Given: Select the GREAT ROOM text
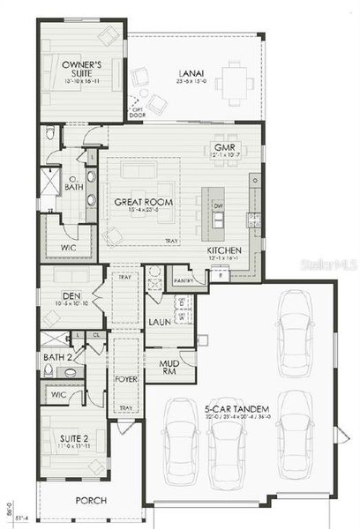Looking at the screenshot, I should pyautogui.click(x=142, y=202).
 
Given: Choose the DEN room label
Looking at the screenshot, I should pyautogui.click(x=72, y=296).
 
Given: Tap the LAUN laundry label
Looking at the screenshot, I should pyautogui.click(x=159, y=323).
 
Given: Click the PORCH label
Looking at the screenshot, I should pyautogui.click(x=92, y=500).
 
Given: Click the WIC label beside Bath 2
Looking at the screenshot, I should pyautogui.click(x=59, y=395).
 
